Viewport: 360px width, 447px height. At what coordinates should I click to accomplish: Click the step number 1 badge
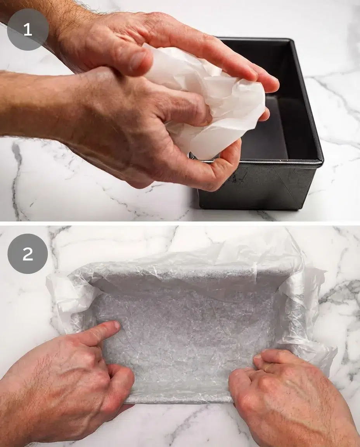28,29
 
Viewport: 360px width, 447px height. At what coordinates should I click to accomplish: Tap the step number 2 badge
28,254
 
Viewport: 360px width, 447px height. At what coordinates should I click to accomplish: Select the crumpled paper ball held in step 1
217,101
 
